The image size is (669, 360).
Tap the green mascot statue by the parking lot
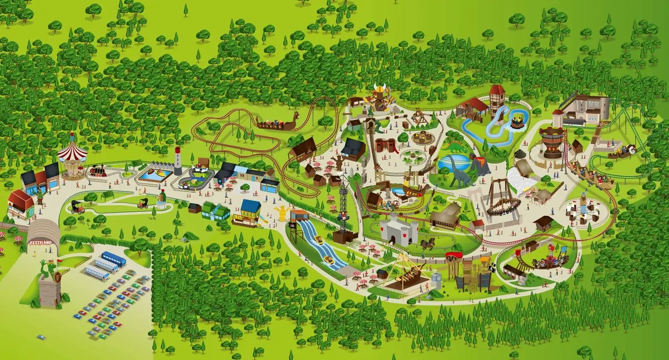pos(49,273)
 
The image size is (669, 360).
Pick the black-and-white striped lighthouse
pos(178,160)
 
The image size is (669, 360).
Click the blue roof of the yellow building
pos(251,207)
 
